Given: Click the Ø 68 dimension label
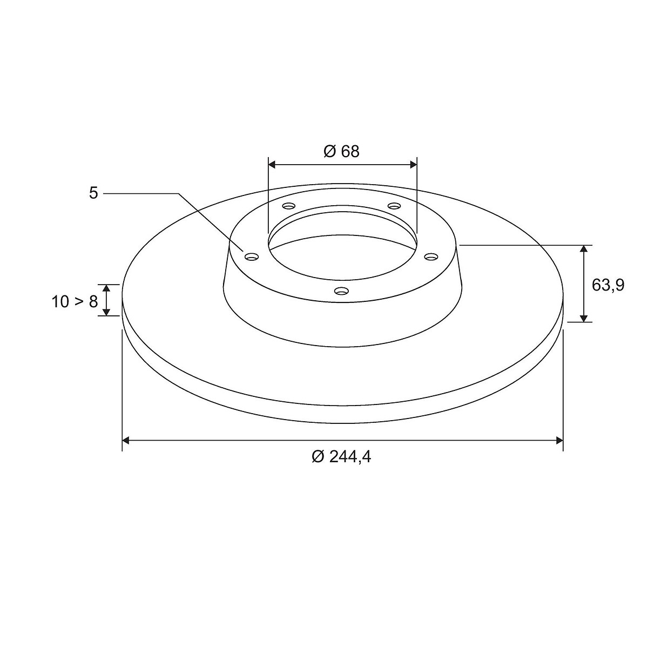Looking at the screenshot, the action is click(341, 151).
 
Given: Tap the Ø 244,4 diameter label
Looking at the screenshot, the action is click(341, 457).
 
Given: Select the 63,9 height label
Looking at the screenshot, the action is click(608, 285).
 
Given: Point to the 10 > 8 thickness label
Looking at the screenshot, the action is click(75, 302).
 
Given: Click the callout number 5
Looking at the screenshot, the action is click(93, 193).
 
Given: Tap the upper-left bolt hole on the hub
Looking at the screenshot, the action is click(289, 205).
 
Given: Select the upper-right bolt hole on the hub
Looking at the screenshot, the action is click(394, 205).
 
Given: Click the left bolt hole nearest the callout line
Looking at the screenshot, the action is click(252, 256).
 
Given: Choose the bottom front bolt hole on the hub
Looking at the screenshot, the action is click(341, 290).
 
